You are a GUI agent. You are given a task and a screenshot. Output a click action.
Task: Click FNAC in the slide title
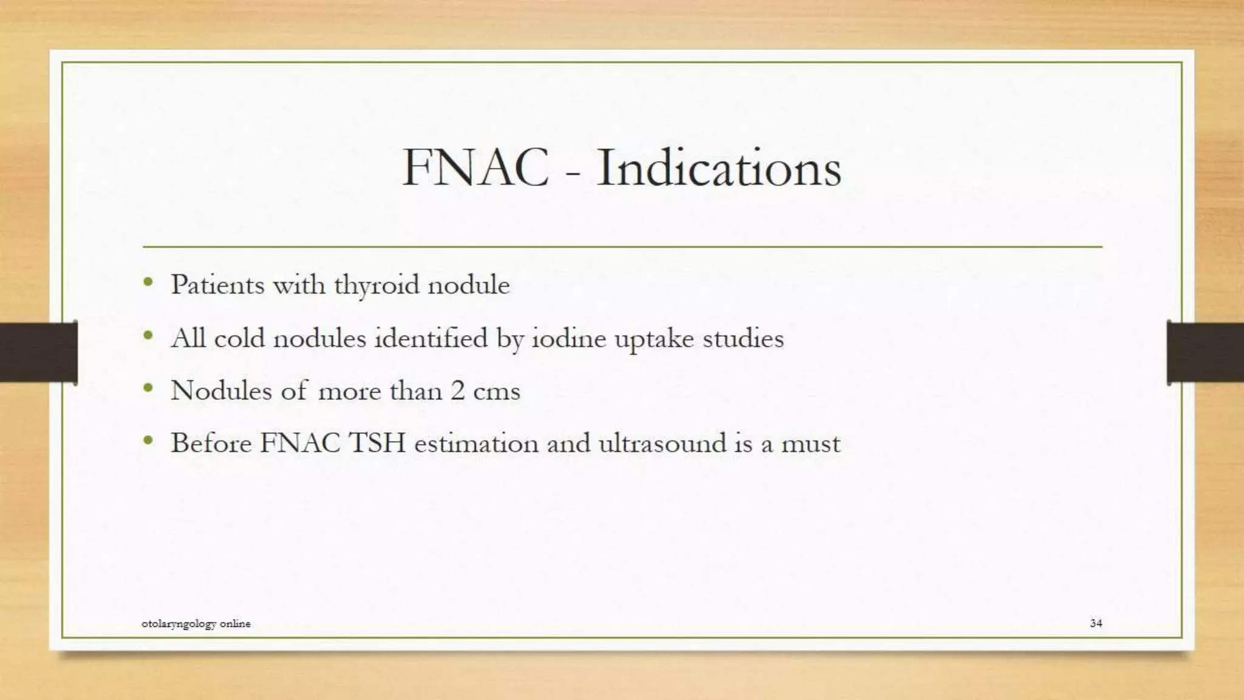tap(476, 168)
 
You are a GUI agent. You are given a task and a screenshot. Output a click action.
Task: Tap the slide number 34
tap(1096, 623)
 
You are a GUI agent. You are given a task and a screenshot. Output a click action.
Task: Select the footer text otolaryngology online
tap(196, 623)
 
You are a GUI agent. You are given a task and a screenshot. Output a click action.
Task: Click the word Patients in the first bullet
tap(217, 284)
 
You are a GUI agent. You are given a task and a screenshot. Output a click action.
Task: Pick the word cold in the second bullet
tap(240, 338)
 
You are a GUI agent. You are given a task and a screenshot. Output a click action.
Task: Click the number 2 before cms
tap(457, 391)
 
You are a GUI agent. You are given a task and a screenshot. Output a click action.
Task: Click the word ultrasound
tap(662, 443)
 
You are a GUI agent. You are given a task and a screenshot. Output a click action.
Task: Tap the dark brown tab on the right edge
tap(1205, 352)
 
